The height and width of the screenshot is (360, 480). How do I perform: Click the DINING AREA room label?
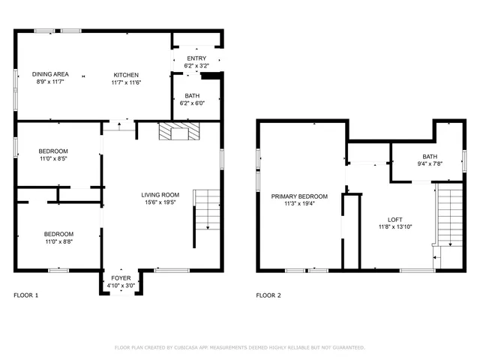pos(51,74)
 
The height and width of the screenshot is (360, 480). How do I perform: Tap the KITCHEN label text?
pos(127,74)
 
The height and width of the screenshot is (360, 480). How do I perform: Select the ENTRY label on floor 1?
pos(196,58)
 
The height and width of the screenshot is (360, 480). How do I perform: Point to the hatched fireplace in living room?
pos(180,133)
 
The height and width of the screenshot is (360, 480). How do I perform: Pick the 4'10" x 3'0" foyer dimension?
pos(121,286)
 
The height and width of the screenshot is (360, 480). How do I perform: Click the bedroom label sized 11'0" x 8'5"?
pos(54,151)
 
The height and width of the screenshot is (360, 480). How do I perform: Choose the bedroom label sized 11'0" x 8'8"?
pos(58,233)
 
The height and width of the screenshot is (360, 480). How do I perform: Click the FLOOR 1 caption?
pos(26,295)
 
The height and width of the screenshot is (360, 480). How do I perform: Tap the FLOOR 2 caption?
pos(268,295)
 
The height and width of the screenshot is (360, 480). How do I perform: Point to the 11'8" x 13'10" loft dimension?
pos(384,226)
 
